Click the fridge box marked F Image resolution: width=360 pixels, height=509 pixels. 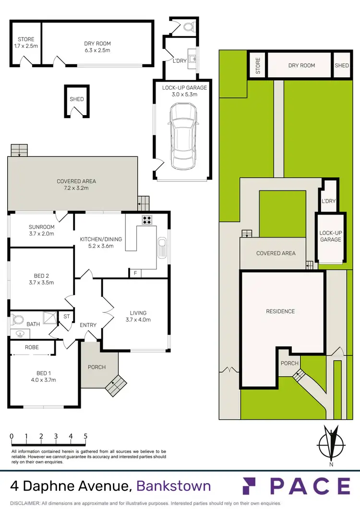point(135,273)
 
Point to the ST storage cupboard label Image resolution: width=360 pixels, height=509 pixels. point(66,317)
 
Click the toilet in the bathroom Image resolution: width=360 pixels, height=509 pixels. point(19,319)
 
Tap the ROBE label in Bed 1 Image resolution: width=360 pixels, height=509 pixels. point(32,347)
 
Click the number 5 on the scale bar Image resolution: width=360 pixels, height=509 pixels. point(85,436)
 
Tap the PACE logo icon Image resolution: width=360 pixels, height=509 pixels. point(253,486)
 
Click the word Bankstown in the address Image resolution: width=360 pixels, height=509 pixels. point(173,486)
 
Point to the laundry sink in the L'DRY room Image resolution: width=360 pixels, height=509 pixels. point(192,59)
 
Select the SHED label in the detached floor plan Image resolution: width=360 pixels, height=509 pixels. point(77,99)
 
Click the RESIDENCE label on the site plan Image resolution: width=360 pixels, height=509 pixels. point(280,311)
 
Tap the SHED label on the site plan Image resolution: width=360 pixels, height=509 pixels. point(342,65)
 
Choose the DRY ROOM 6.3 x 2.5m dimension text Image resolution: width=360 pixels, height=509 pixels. point(97,50)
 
